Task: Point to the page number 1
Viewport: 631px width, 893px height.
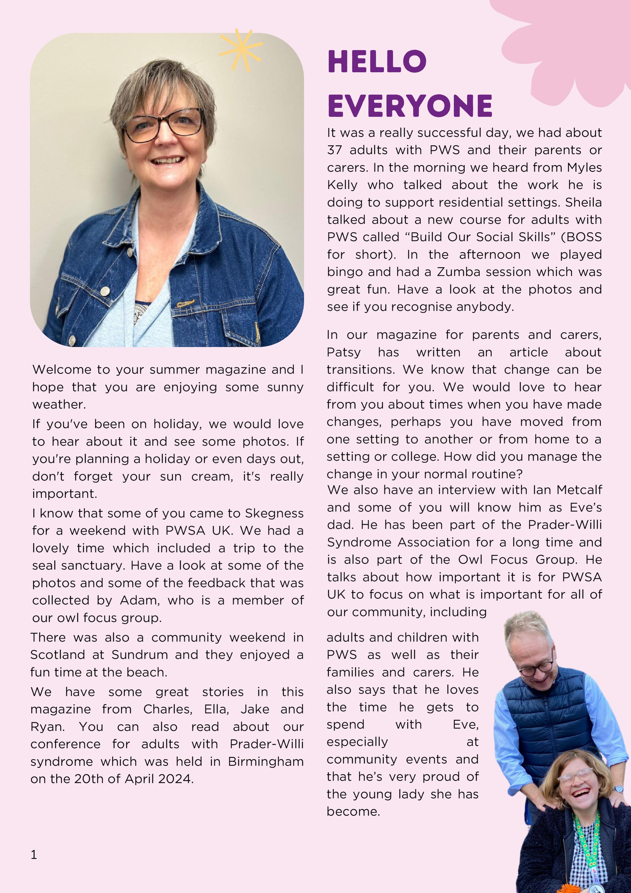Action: click(x=34, y=855)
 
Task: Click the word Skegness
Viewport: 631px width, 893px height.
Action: click(x=274, y=513)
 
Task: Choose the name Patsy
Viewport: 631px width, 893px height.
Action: click(x=344, y=352)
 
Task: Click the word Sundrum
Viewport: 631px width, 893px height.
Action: click(x=140, y=655)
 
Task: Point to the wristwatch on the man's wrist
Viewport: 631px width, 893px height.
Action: click(x=618, y=789)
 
